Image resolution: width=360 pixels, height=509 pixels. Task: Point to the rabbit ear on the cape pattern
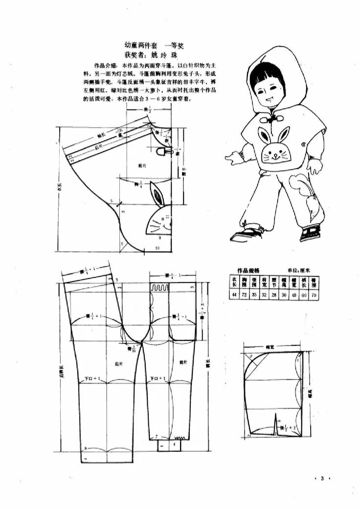click(x=157, y=195)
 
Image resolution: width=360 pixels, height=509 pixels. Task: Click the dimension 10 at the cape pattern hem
click(x=157, y=248)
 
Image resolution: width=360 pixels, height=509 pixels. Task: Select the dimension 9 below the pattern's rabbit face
click(x=159, y=238)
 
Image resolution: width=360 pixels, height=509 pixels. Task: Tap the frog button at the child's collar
click(x=268, y=118)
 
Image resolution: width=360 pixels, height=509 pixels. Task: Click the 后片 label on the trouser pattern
click(x=117, y=364)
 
